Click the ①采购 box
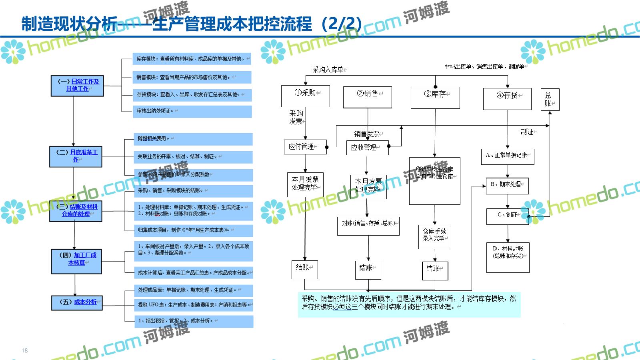(x=306, y=96)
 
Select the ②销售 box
(x=367, y=97)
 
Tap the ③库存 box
(x=435, y=98)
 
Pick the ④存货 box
(x=507, y=98)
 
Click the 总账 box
(x=550, y=100)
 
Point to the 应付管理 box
(x=306, y=147)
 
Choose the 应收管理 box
(x=367, y=148)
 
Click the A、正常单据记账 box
(x=507, y=156)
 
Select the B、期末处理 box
(x=507, y=186)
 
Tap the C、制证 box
(x=507, y=216)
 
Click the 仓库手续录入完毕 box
(x=435, y=237)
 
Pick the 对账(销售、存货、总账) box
(x=368, y=226)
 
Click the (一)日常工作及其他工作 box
(x=77, y=86)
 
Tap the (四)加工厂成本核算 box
(x=76, y=261)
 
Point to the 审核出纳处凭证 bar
(x=192, y=111)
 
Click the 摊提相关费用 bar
(x=193, y=139)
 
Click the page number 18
(x=25, y=351)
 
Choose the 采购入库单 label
(x=328, y=70)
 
